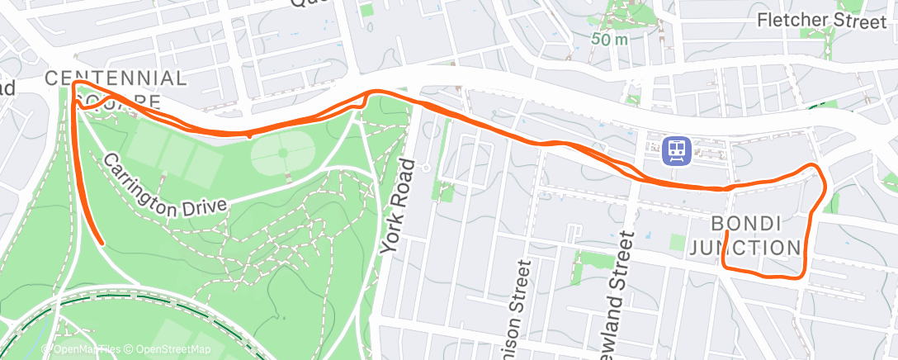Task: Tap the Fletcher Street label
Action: [x=821, y=21]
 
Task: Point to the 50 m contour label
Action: [x=611, y=38]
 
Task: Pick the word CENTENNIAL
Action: [x=116, y=78]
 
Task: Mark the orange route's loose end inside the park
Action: [x=102, y=244]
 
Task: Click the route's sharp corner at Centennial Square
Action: [x=74, y=83]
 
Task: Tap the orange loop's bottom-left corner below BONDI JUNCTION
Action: [x=724, y=267]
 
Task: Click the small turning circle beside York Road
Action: [x=424, y=167]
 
